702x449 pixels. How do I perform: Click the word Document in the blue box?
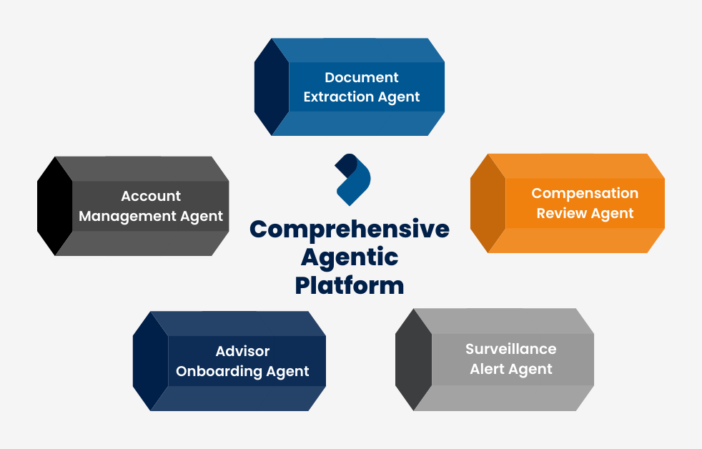tap(362, 77)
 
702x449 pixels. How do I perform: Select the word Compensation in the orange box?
tap(585, 193)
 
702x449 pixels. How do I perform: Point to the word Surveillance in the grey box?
tap(510, 349)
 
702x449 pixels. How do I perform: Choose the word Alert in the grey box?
tap(490, 369)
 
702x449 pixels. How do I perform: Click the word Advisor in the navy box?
tap(242, 351)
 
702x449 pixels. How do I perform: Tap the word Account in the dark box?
tap(151, 196)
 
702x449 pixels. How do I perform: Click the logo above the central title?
tap(352, 179)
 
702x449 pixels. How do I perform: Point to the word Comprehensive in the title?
tap(350, 229)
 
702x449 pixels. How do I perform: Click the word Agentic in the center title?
tap(350, 257)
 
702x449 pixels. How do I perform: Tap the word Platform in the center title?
tap(350, 285)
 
